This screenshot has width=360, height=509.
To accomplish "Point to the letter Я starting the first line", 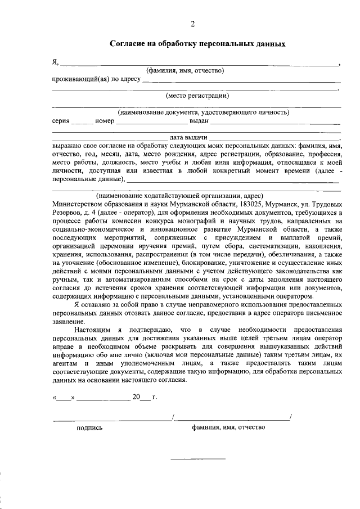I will click(55, 61).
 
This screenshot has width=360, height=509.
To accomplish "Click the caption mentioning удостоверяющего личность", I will click(203, 112).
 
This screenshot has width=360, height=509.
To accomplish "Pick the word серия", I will click(61, 120).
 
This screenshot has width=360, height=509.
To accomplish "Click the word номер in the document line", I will click(105, 120).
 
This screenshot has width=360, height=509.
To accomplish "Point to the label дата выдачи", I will click(189, 137).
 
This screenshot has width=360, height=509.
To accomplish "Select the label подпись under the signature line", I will click(89, 427).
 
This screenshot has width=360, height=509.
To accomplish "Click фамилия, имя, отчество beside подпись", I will click(228, 427).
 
